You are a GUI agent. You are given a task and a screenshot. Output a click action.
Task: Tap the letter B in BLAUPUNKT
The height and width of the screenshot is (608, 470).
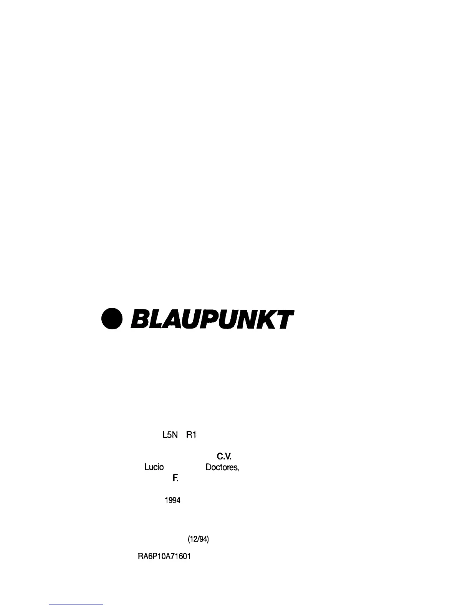point(140,319)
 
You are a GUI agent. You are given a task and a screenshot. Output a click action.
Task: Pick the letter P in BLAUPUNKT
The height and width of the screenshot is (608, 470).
point(212,319)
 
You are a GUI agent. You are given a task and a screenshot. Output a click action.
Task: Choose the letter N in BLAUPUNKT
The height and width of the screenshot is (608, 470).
point(252,319)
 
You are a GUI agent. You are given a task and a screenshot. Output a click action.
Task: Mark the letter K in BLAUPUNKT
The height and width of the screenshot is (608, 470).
point(270,319)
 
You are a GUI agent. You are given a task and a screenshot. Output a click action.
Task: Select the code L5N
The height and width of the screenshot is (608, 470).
point(169,435)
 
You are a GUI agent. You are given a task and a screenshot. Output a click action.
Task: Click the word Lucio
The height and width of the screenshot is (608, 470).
point(154,467)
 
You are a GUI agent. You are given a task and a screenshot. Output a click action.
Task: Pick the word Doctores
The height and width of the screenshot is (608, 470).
point(223,468)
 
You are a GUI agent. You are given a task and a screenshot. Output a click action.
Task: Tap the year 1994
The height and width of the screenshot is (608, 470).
point(172,501)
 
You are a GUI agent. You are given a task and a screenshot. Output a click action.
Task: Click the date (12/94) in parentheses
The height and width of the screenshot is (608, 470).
point(198,540)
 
